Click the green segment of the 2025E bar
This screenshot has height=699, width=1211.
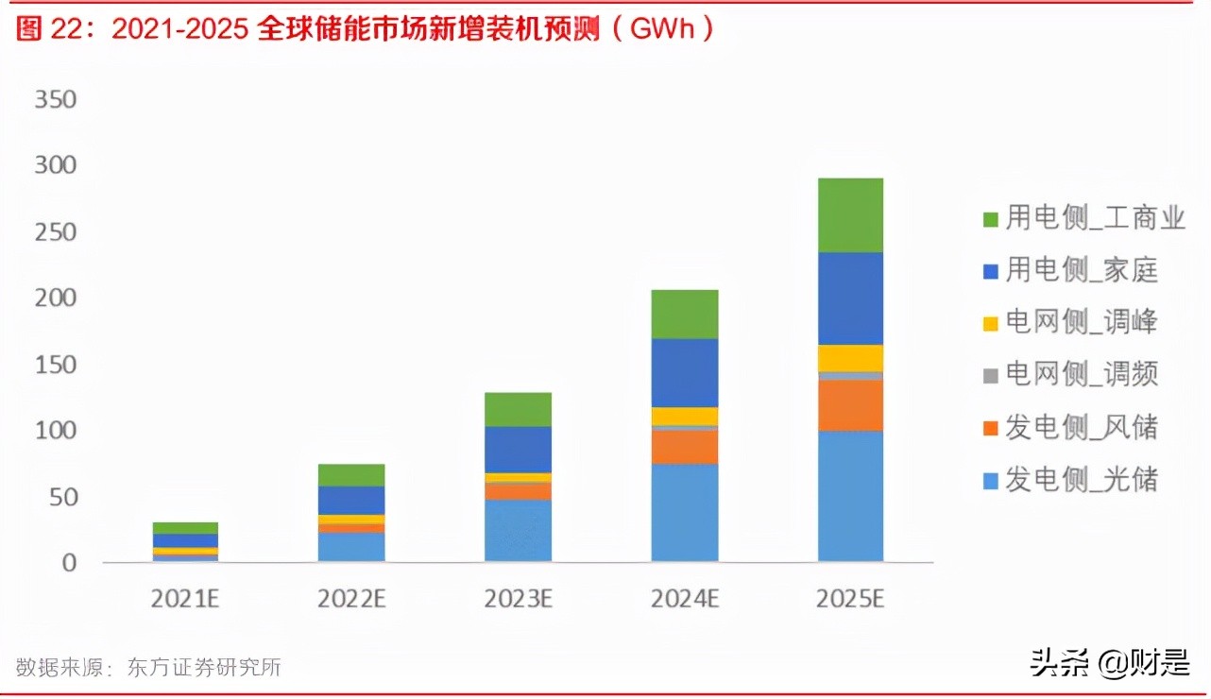pyautogui.click(x=850, y=214)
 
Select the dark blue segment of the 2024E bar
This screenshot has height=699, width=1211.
pyautogui.click(x=684, y=372)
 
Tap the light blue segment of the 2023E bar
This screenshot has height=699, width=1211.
pyautogui.click(x=518, y=530)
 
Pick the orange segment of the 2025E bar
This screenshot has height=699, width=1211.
pyautogui.click(x=850, y=405)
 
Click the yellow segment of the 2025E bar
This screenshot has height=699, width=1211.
pyautogui.click(x=850, y=358)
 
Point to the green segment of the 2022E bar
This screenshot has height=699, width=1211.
pyautogui.click(x=351, y=474)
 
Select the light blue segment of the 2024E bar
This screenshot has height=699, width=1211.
pyautogui.click(x=684, y=512)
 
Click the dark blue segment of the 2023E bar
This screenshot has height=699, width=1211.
pyautogui.click(x=518, y=449)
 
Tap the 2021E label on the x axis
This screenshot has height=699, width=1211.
pyautogui.click(x=185, y=599)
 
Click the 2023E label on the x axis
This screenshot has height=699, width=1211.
pyautogui.click(x=518, y=599)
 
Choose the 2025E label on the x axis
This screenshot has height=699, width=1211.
pyautogui.click(x=850, y=599)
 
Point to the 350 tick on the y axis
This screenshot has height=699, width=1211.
pyautogui.click(x=55, y=100)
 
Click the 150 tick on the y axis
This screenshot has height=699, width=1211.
pyautogui.click(x=55, y=365)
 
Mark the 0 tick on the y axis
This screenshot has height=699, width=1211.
pyautogui.click(x=68, y=563)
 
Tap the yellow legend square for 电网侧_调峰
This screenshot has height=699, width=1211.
pyautogui.click(x=990, y=323)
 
